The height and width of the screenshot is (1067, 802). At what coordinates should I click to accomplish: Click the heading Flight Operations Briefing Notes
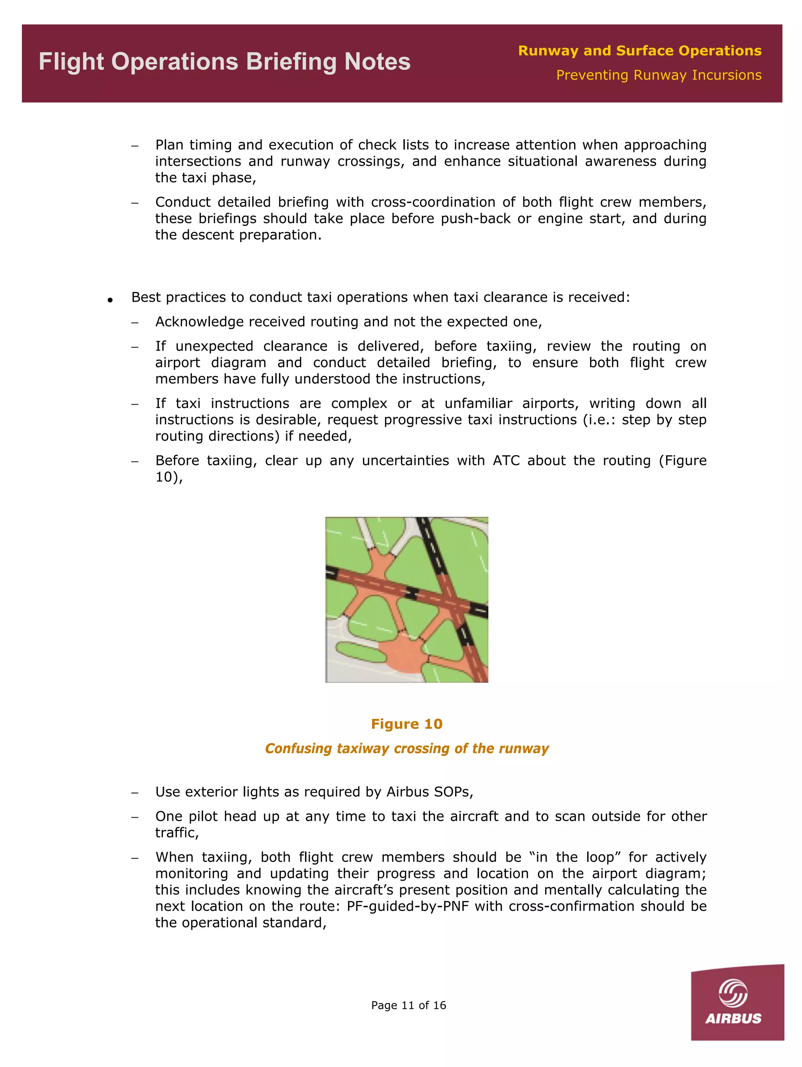[224, 62]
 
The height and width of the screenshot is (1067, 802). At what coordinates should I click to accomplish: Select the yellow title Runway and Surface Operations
[639, 50]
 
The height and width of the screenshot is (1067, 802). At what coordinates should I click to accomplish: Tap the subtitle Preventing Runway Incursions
[658, 75]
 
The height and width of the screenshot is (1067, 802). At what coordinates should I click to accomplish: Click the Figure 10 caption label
[406, 724]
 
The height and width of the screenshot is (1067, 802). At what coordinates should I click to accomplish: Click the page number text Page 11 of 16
[408, 1005]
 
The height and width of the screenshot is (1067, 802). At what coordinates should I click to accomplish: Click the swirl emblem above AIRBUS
[733, 993]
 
